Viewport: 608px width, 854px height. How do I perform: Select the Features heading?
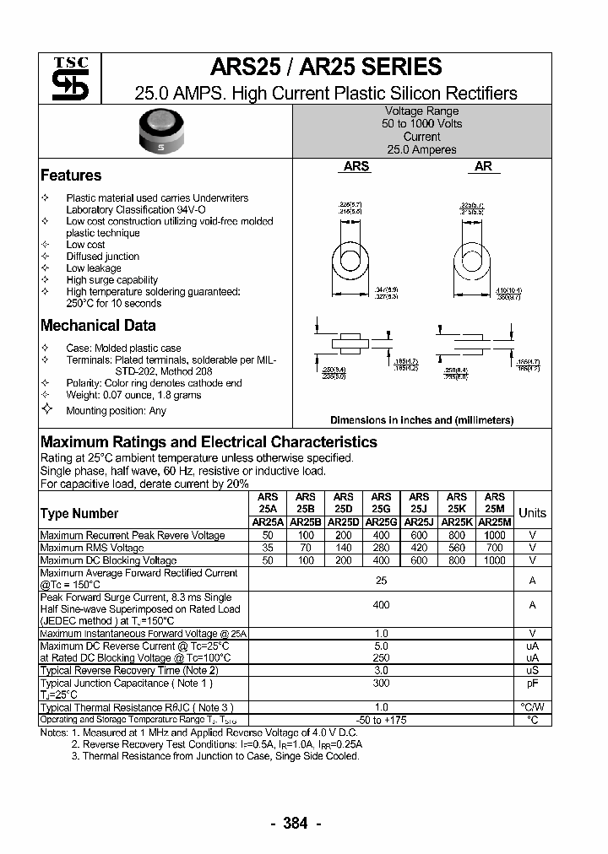[71, 176]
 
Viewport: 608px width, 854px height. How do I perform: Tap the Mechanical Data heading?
[98, 326]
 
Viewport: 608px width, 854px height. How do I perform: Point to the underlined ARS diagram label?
[356, 167]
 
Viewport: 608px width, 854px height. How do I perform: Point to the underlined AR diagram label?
[483, 167]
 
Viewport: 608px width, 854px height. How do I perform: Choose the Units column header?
[532, 513]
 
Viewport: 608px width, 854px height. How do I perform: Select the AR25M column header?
[495, 523]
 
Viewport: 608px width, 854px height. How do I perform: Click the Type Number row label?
[79, 513]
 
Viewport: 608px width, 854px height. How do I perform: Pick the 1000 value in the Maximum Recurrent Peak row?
[495, 536]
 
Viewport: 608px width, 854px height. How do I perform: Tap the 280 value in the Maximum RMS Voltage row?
[381, 548]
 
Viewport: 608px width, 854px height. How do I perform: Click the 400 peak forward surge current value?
[381, 605]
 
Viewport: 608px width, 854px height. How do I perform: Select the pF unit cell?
[532, 683]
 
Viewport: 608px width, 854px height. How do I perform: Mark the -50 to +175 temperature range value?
[381, 720]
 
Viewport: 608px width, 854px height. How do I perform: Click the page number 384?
[295, 824]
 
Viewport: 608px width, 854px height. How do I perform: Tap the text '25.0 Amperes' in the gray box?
[421, 149]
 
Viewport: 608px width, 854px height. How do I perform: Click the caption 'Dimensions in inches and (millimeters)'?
[421, 419]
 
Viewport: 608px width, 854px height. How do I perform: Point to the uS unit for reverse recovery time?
[532, 670]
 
